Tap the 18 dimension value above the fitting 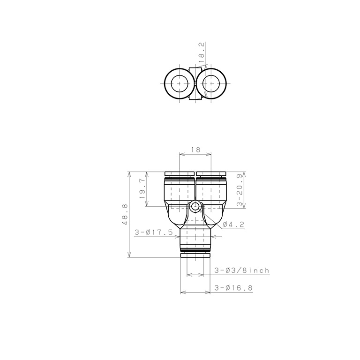point(195,150)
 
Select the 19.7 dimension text point(142,189)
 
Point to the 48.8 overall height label point(125,214)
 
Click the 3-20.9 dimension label point(240,190)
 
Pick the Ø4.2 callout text point(233,225)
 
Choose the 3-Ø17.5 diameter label point(154,232)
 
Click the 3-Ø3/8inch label point(242,270)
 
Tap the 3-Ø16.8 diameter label point(233,288)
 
